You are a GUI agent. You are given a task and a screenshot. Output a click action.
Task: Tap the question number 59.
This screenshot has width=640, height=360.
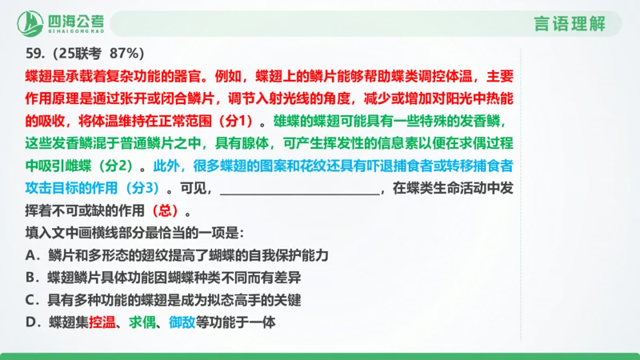35,54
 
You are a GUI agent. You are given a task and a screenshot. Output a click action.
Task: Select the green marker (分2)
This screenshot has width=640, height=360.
119,168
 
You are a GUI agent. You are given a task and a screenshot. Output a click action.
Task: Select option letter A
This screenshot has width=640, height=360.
33,255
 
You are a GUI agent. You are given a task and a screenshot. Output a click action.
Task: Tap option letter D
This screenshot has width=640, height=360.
33,322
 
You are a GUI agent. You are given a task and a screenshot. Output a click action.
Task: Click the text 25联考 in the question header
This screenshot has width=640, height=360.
78,54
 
